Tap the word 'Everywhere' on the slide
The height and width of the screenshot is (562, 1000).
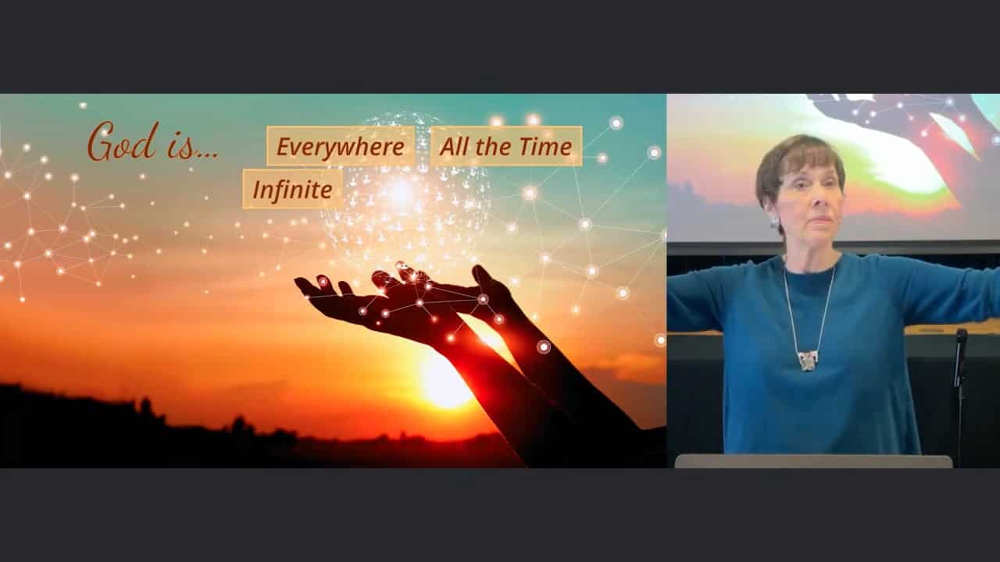(340, 146)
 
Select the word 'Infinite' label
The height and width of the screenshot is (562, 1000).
(292, 189)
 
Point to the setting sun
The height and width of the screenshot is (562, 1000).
(445, 379)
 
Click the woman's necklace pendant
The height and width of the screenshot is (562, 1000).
(808, 361)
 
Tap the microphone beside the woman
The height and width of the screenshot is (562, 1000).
(961, 357)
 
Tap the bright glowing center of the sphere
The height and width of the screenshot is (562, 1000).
(399, 192)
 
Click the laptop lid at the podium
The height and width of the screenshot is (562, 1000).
(813, 461)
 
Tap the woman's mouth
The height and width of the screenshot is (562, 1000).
(820, 219)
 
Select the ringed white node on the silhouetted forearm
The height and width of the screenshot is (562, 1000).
(543, 347)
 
